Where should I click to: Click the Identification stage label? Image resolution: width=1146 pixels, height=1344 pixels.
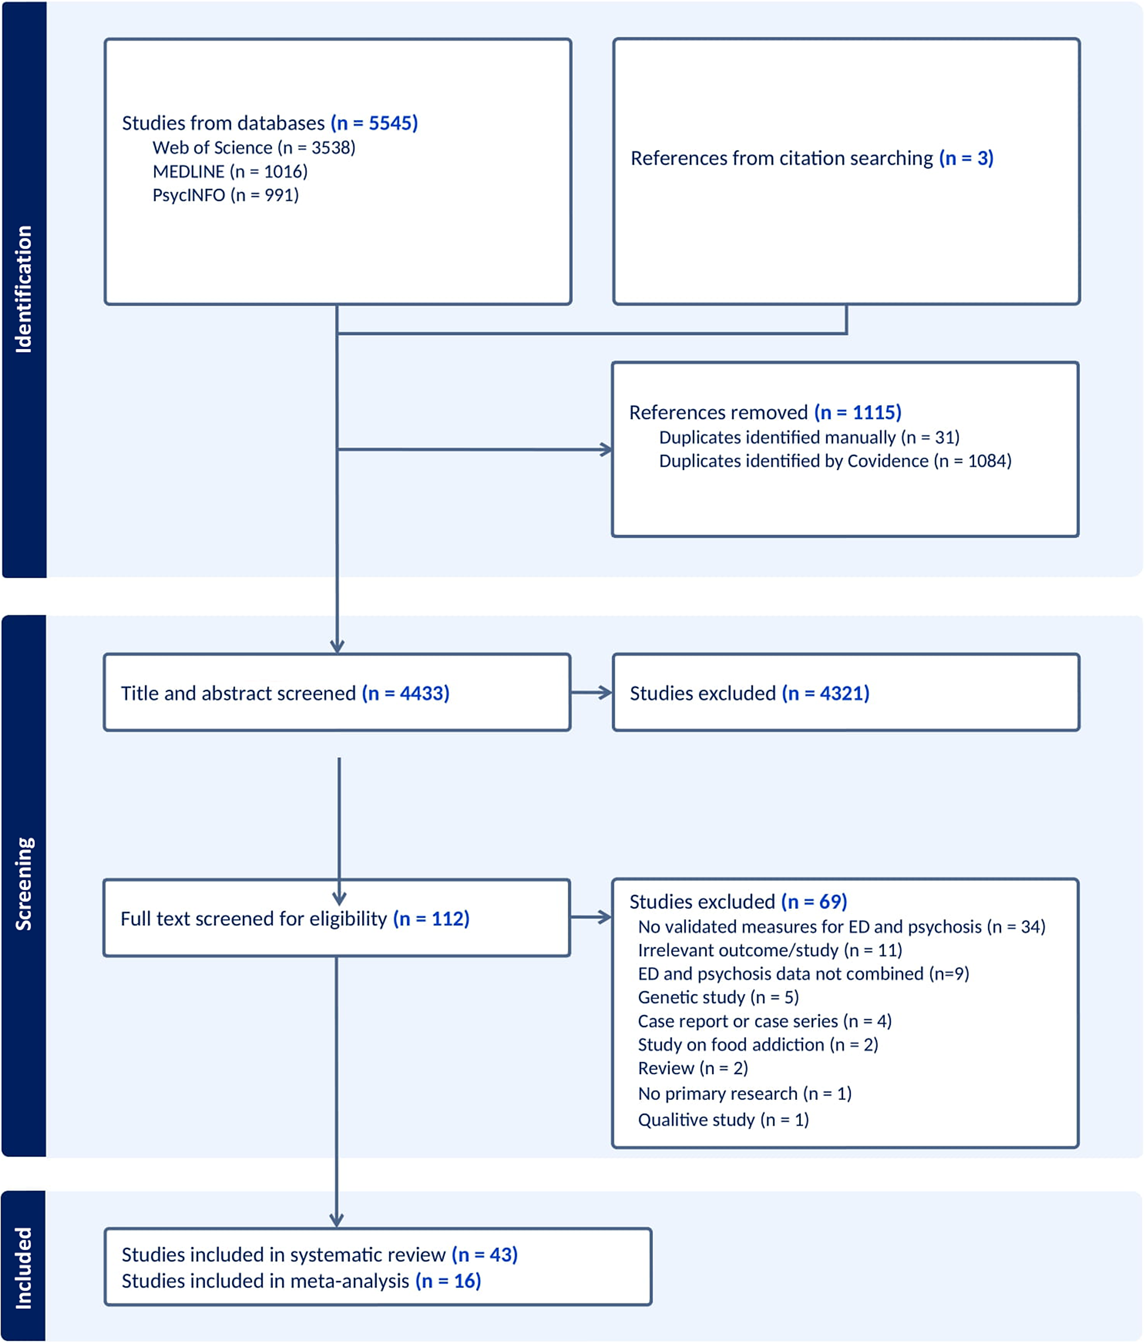point(24,289)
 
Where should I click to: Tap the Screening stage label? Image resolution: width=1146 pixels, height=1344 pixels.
point(24,884)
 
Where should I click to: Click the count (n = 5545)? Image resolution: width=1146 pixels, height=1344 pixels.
point(374,123)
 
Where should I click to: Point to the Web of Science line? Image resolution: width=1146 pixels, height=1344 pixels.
point(254,148)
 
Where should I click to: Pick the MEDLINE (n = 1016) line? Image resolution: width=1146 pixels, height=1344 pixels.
point(230,171)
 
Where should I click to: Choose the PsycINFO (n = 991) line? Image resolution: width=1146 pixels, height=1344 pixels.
point(225,195)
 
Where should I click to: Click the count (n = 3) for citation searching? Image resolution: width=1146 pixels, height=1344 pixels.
point(966,158)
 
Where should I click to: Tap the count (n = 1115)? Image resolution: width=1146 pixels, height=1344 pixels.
point(858,413)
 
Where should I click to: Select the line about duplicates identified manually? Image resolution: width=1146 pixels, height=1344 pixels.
point(808,437)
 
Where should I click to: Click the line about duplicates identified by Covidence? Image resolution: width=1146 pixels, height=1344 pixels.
point(835,460)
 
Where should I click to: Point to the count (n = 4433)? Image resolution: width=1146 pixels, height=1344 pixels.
point(406,693)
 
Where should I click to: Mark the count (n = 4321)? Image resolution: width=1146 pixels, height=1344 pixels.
point(826,693)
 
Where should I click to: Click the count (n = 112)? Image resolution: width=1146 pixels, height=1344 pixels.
point(431,919)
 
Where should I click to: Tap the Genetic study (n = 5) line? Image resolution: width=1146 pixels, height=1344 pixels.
point(718,997)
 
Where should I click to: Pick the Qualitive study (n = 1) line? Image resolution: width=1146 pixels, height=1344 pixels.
point(723,1119)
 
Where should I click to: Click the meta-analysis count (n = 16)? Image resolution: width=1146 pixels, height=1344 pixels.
point(448,1281)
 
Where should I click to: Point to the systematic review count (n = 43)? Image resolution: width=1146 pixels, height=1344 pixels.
point(484,1254)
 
